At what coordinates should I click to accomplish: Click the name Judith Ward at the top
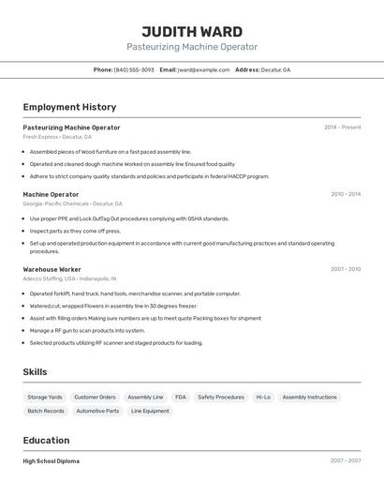point(192,31)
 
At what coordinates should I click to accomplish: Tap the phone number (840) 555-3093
point(134,69)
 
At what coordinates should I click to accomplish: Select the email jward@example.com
point(203,69)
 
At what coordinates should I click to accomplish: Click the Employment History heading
point(69,107)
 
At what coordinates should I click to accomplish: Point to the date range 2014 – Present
point(342,128)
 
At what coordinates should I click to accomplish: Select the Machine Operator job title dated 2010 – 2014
point(51,194)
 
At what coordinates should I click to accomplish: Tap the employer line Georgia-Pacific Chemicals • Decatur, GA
point(72,203)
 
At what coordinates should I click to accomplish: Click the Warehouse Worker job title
point(52,269)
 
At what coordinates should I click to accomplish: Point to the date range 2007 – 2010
point(345,269)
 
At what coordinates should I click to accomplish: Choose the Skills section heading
point(35,372)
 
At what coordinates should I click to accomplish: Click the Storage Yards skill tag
point(45,397)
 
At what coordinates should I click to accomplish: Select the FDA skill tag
point(180,397)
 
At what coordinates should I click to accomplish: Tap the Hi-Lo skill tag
point(263,397)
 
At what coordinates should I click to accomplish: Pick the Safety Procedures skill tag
point(221,397)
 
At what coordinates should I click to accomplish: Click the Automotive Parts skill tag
point(97,411)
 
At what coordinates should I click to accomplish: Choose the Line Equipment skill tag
point(150,411)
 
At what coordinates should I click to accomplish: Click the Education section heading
point(46,440)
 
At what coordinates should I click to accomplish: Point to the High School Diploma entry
point(51,461)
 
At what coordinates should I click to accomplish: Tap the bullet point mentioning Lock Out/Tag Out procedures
point(128,218)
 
